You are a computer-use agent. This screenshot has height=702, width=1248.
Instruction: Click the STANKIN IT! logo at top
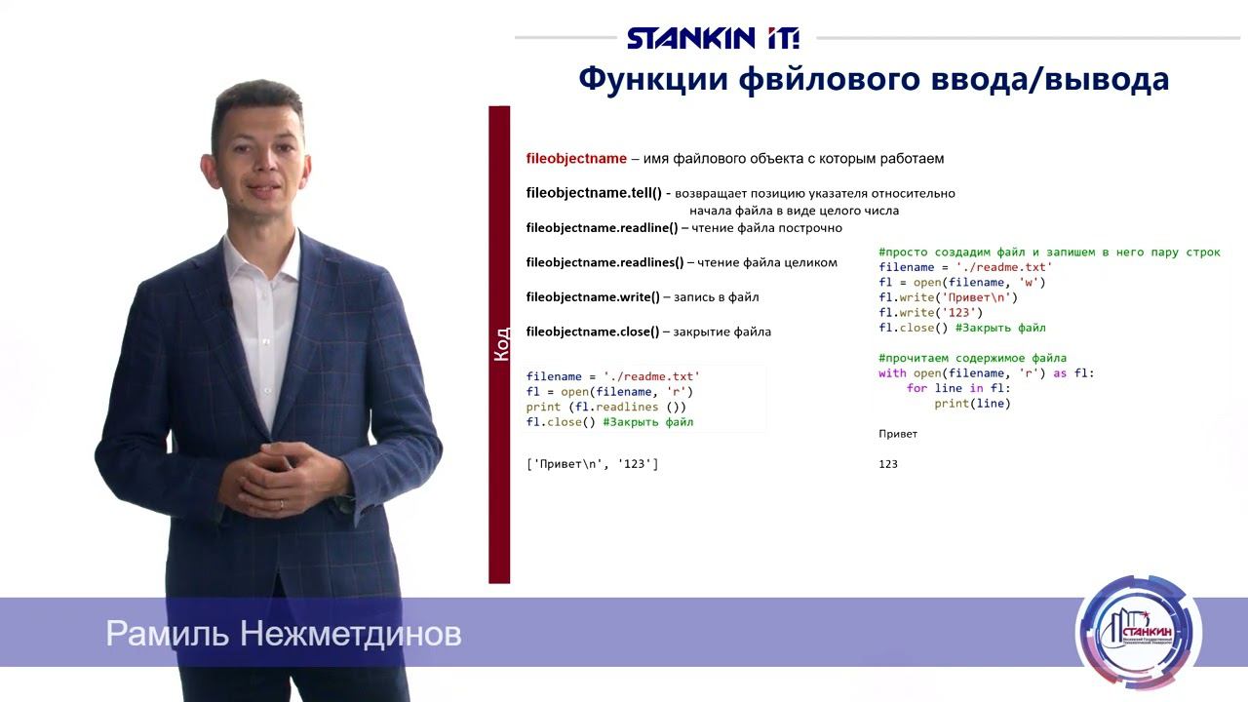click(x=713, y=38)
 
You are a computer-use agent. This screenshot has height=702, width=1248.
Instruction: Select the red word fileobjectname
click(x=576, y=158)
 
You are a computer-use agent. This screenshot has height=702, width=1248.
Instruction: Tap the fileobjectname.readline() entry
click(x=602, y=228)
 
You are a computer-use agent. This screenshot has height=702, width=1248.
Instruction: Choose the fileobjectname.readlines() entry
click(x=605, y=262)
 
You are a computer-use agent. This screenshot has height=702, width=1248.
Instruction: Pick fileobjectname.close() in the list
click(x=593, y=331)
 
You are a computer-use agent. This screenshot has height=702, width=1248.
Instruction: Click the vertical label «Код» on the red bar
click(x=500, y=344)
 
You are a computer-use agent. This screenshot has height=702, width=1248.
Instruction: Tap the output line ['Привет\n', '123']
click(x=592, y=464)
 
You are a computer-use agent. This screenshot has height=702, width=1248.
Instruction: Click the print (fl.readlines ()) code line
click(x=606, y=407)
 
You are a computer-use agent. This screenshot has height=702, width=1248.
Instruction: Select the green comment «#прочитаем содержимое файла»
click(x=972, y=358)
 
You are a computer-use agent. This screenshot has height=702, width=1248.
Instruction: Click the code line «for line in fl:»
click(x=958, y=388)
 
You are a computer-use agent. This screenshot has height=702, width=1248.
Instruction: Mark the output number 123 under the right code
click(x=888, y=464)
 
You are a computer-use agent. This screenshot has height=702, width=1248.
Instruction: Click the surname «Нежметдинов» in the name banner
click(x=350, y=634)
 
